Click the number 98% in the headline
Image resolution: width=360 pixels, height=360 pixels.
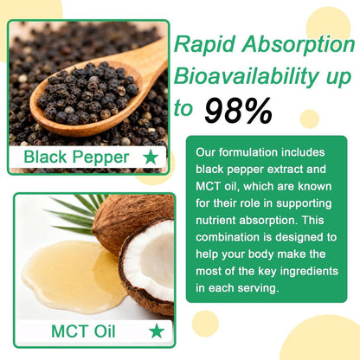(238, 112)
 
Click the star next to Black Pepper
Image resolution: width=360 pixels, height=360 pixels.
(151, 157)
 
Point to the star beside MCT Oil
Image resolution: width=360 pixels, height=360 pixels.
(157, 331)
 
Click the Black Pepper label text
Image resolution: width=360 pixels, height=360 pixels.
(76, 157)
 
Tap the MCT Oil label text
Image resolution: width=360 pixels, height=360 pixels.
(83, 331)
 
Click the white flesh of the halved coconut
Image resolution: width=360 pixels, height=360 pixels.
(153, 260)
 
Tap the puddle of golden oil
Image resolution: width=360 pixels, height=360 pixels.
(72, 277)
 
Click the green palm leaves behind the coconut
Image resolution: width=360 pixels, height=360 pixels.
(78, 214)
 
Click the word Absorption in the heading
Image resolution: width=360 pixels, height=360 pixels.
(298, 45)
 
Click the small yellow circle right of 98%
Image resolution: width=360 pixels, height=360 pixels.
(310, 119)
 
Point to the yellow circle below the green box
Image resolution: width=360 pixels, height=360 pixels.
(205, 324)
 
